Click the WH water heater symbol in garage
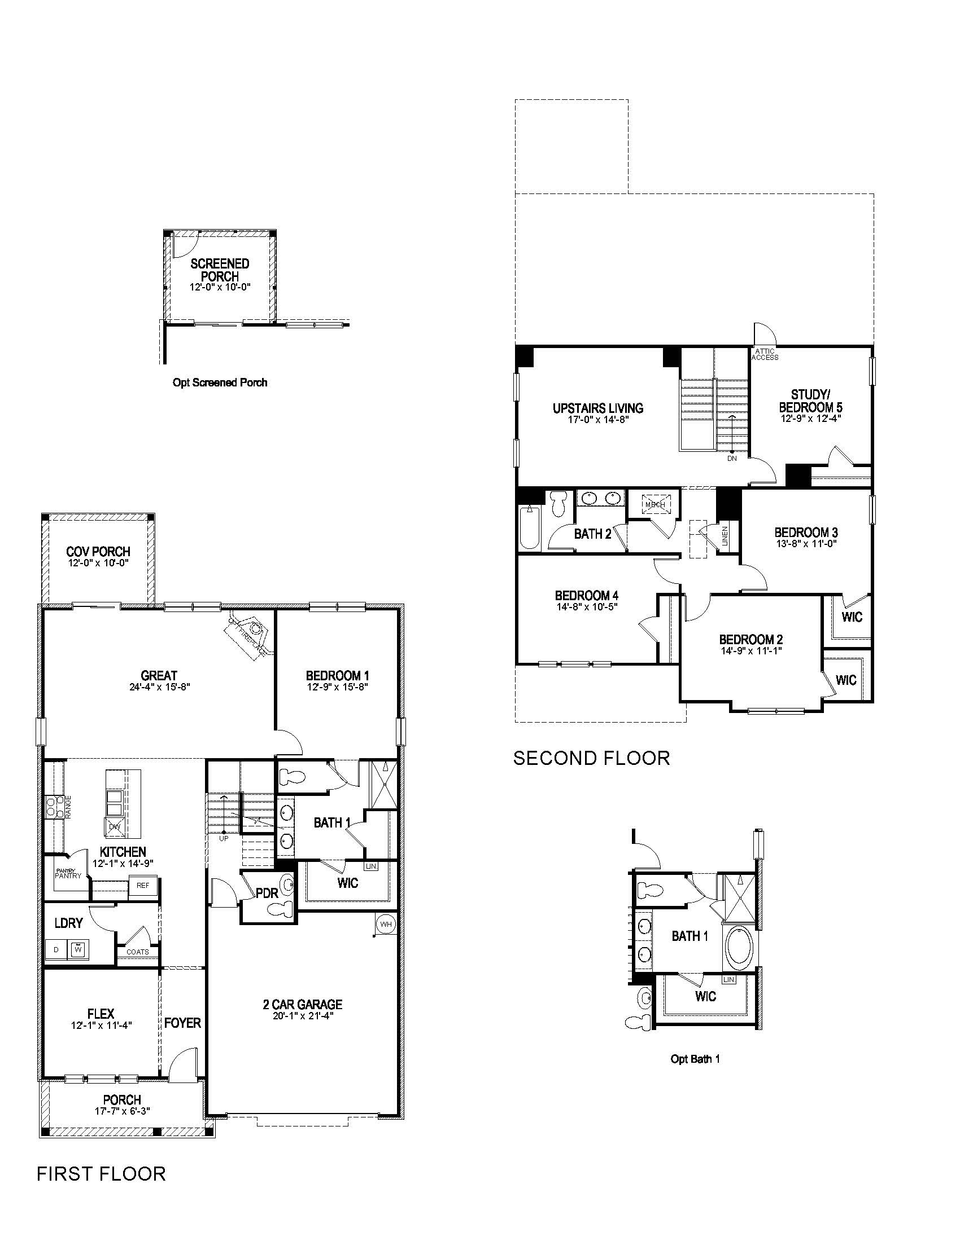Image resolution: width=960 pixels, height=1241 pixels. [386, 924]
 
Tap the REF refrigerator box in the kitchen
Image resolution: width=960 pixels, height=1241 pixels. [143, 885]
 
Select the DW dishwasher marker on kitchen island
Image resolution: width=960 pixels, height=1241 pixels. [115, 827]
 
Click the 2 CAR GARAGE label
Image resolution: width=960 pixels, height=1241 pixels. [303, 1005]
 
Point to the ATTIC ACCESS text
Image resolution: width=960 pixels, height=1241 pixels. [765, 355]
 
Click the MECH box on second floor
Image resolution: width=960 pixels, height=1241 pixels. [654, 504]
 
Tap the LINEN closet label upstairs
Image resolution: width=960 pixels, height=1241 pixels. [725, 536]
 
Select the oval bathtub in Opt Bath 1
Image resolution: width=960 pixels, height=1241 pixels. [739, 945]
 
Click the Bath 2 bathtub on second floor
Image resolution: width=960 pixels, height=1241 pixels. [530, 528]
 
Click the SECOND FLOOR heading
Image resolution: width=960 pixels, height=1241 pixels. [591, 758]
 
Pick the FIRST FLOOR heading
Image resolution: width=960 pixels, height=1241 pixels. [101, 1174]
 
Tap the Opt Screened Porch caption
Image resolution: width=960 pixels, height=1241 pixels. [220, 382]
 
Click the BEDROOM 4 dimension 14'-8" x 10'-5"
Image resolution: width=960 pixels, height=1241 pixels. [586, 606]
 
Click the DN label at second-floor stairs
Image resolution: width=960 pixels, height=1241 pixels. [732, 458]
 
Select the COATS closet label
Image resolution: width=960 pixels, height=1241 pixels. [138, 952]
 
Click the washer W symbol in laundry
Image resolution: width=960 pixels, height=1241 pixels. [78, 949]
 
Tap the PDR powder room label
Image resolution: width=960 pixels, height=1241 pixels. [267, 894]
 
